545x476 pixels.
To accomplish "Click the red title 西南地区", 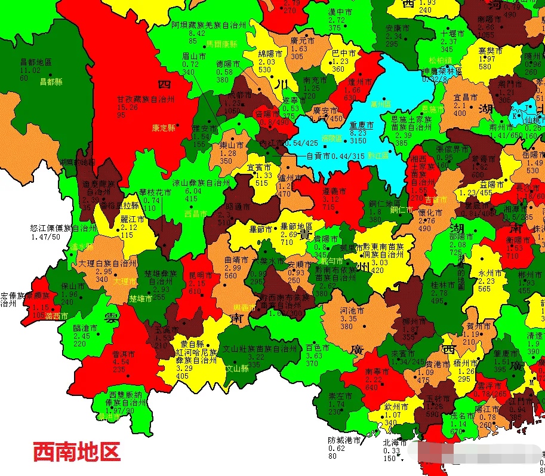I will [x=76, y=451].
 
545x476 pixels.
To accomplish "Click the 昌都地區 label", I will [x=36, y=62].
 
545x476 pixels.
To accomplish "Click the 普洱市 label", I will [x=124, y=354].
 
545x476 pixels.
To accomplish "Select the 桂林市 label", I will [x=443, y=285].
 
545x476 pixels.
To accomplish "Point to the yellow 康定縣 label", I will [x=164, y=128].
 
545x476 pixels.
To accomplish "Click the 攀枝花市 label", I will [x=155, y=193].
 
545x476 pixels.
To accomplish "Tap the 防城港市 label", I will [x=344, y=440].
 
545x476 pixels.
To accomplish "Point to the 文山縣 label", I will [x=237, y=368].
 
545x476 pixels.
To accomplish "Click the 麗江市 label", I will [x=133, y=219].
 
